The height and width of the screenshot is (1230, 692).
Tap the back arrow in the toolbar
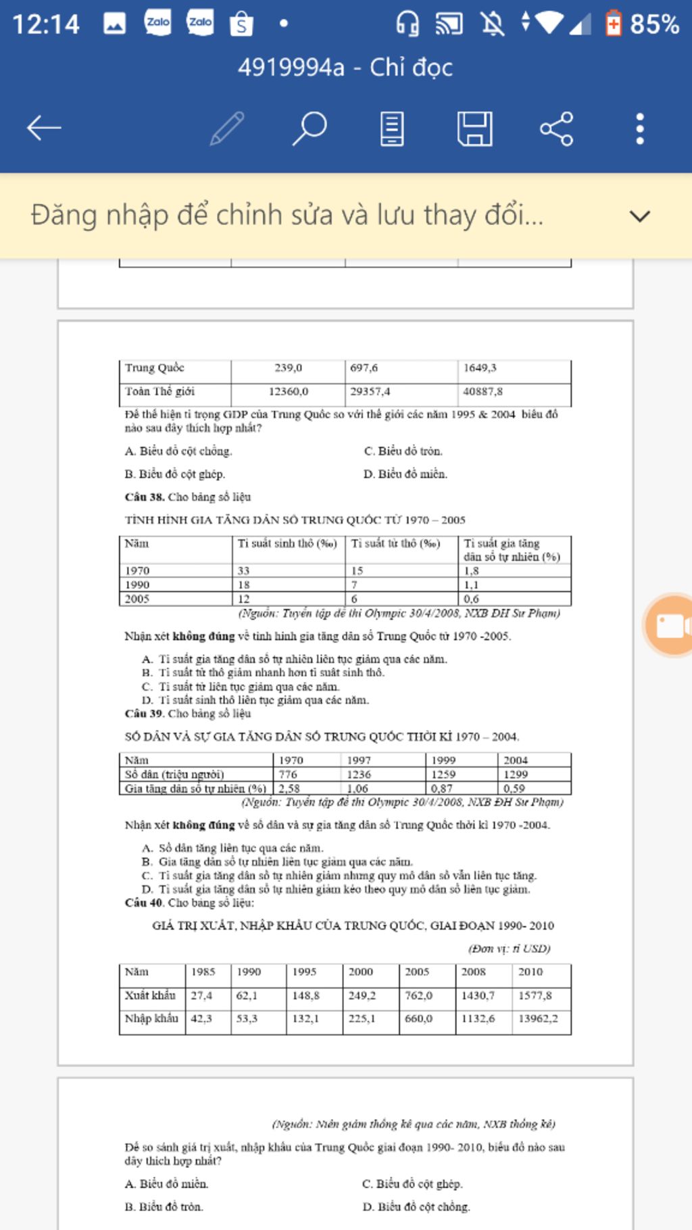[x=44, y=128]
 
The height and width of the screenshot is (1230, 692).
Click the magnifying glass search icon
[x=310, y=128]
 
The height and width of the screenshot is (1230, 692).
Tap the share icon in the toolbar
[x=556, y=128]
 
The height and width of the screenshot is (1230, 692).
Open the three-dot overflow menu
[x=639, y=128]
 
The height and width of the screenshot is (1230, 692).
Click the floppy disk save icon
[x=474, y=128]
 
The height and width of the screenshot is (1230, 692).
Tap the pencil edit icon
[x=227, y=128]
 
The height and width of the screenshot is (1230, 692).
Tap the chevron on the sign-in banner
[x=639, y=216]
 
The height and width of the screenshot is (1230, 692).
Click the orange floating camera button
[x=669, y=626]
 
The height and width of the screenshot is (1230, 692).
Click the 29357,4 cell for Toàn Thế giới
[x=370, y=391]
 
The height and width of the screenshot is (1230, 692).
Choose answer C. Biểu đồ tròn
[x=403, y=451]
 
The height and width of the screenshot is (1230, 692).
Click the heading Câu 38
[x=145, y=497]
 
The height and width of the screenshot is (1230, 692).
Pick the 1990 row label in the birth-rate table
[x=137, y=585]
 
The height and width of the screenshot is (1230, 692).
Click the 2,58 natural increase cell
[x=289, y=789]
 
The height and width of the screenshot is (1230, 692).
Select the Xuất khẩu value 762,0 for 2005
[x=418, y=995]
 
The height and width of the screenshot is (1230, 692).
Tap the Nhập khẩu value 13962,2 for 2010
[x=538, y=1018]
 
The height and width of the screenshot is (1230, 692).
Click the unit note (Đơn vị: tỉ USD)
[x=510, y=948]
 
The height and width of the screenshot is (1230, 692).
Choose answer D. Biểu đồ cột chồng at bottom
[x=416, y=1206]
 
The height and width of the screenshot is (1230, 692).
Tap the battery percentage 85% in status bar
[x=654, y=24]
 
